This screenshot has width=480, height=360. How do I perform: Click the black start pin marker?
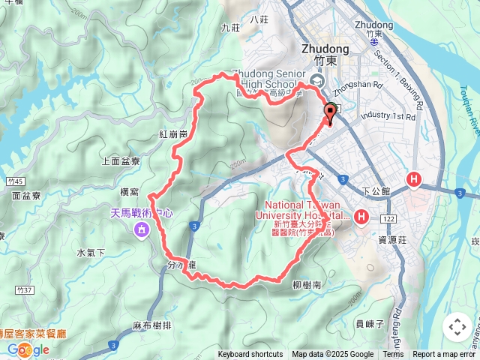pos(329,113)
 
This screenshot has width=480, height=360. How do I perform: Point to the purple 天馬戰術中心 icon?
pos(140,229)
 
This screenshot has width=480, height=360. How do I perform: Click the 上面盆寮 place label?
pos(120,161)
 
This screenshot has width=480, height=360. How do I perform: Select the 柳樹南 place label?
pos(307,286)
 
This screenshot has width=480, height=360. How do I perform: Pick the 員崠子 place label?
pos(369,323)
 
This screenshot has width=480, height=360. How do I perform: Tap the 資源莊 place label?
pos(392,240)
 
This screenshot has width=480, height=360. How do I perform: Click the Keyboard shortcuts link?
pos(250,355)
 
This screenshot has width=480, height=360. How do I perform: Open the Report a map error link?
pos(445,355)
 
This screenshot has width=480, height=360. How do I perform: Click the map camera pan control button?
pos(457,327)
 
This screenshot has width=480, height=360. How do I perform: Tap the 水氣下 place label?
pos(91,253)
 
